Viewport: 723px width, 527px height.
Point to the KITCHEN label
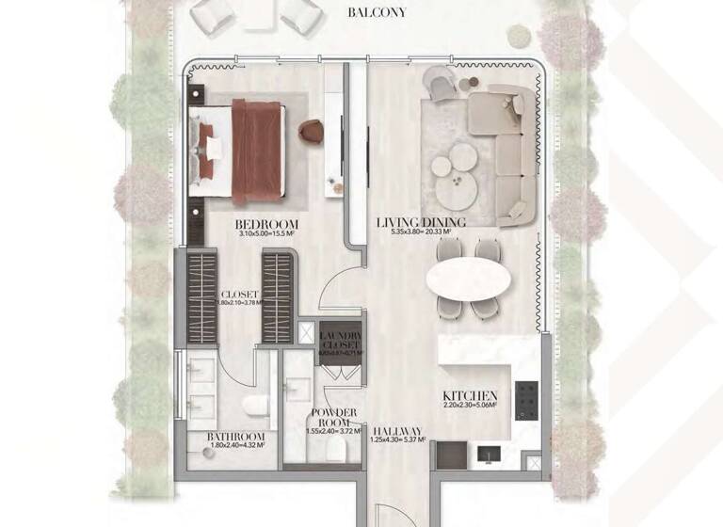pyautogui.click(x=470, y=395)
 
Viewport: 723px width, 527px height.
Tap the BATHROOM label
pyautogui.click(x=236, y=438)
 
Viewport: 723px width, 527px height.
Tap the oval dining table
pyautogui.click(x=469, y=279)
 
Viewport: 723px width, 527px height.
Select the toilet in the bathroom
pyautogui.click(x=254, y=406)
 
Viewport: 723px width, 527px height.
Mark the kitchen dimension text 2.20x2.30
pyautogui.click(x=471, y=407)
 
